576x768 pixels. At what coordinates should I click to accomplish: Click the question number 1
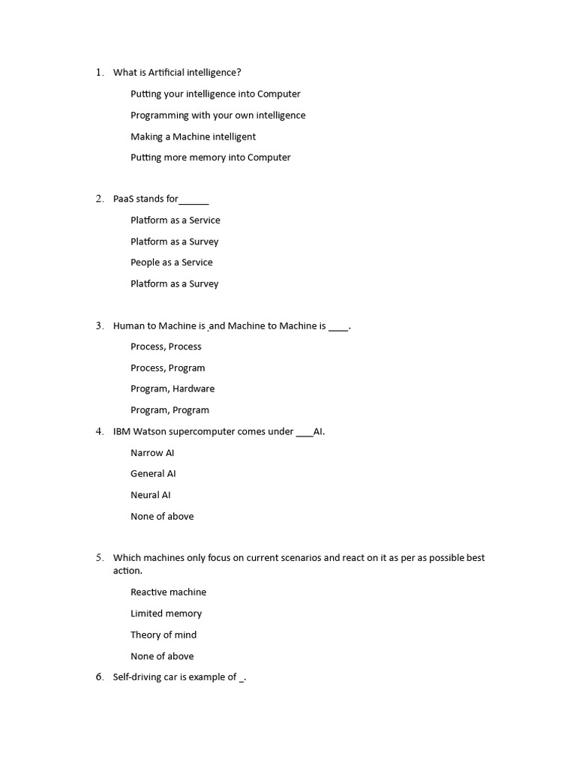[x=99, y=73]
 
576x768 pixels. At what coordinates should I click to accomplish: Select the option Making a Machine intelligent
[x=193, y=136]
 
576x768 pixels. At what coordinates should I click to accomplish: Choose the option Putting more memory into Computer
[x=210, y=157]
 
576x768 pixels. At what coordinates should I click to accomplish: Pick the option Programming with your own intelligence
[x=217, y=115]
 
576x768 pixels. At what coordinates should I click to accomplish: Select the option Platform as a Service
[x=175, y=220]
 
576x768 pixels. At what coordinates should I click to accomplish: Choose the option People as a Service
[x=171, y=262]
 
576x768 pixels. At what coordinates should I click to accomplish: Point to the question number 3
[x=99, y=325]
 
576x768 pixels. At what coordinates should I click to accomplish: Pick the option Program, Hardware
[x=172, y=388]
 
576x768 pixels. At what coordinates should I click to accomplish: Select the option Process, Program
[x=167, y=368]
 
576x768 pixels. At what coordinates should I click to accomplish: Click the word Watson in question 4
[x=149, y=431]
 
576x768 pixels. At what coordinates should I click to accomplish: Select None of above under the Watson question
[x=162, y=516]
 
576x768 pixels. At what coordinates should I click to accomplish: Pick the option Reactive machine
[x=168, y=592]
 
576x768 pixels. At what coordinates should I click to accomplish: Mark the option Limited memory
[x=166, y=613]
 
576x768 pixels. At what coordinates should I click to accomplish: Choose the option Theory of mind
[x=163, y=634]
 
